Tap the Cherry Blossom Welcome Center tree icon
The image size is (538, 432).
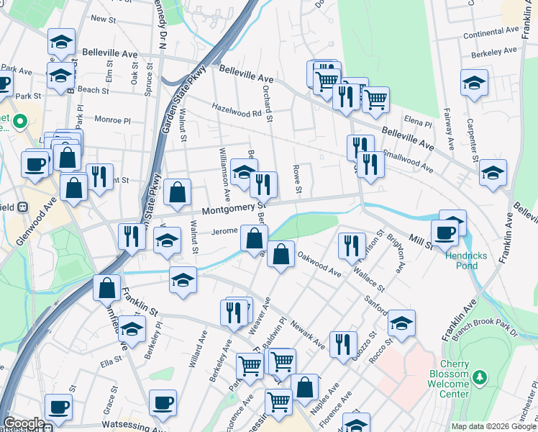(x=482, y=377)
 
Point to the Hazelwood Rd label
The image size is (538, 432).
(x=237, y=113)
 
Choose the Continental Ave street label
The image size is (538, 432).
(x=492, y=32)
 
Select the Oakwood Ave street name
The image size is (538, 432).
(x=319, y=264)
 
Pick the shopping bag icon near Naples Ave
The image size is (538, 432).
(x=305, y=387)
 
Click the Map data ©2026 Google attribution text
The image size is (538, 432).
(x=493, y=426)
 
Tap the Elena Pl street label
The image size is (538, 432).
(x=416, y=120)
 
